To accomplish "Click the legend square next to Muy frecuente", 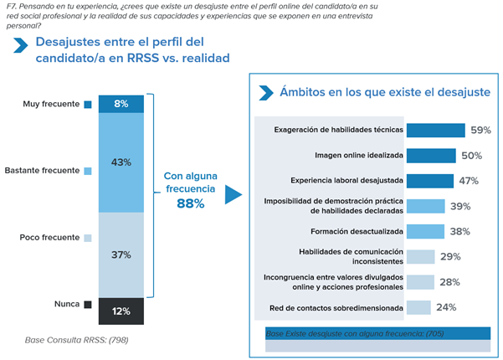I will (x=87, y=105).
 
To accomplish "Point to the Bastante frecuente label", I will (x=42, y=171).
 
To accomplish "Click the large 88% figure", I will (x=190, y=203).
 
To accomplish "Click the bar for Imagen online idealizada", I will (x=432, y=155).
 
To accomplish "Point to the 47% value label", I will (x=468, y=181).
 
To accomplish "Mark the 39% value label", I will (x=459, y=206).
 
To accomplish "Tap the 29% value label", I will (x=450, y=257).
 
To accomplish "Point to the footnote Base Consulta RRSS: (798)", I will (x=76, y=340).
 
